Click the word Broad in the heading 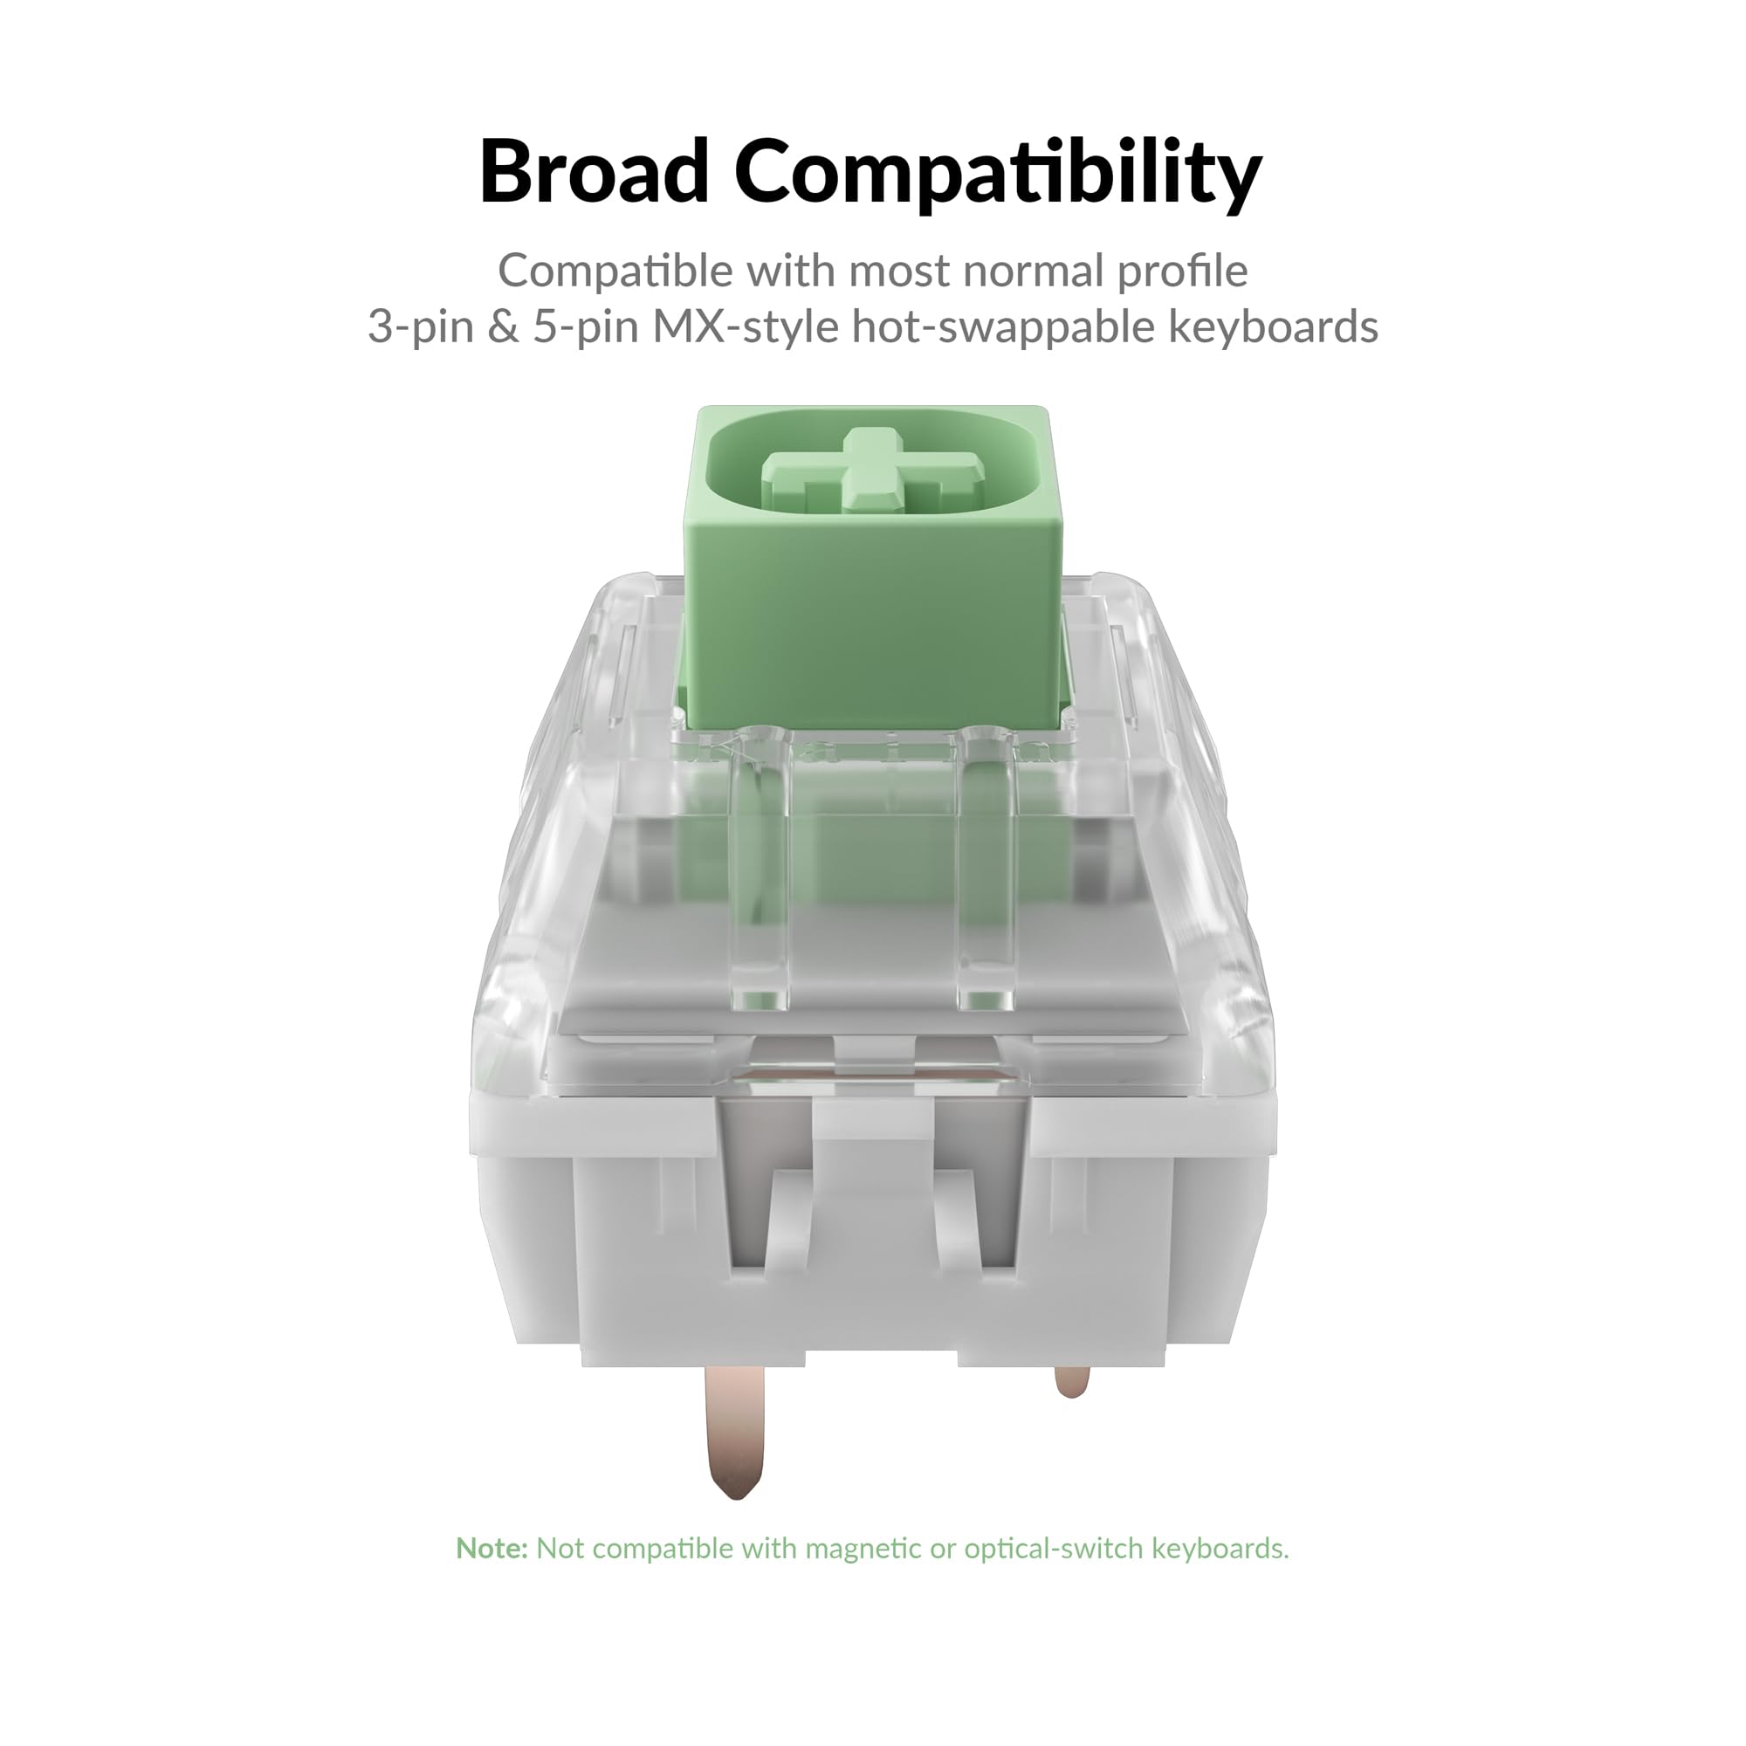pos(594,171)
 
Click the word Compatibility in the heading pos(998,175)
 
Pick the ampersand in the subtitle pos(503,327)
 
